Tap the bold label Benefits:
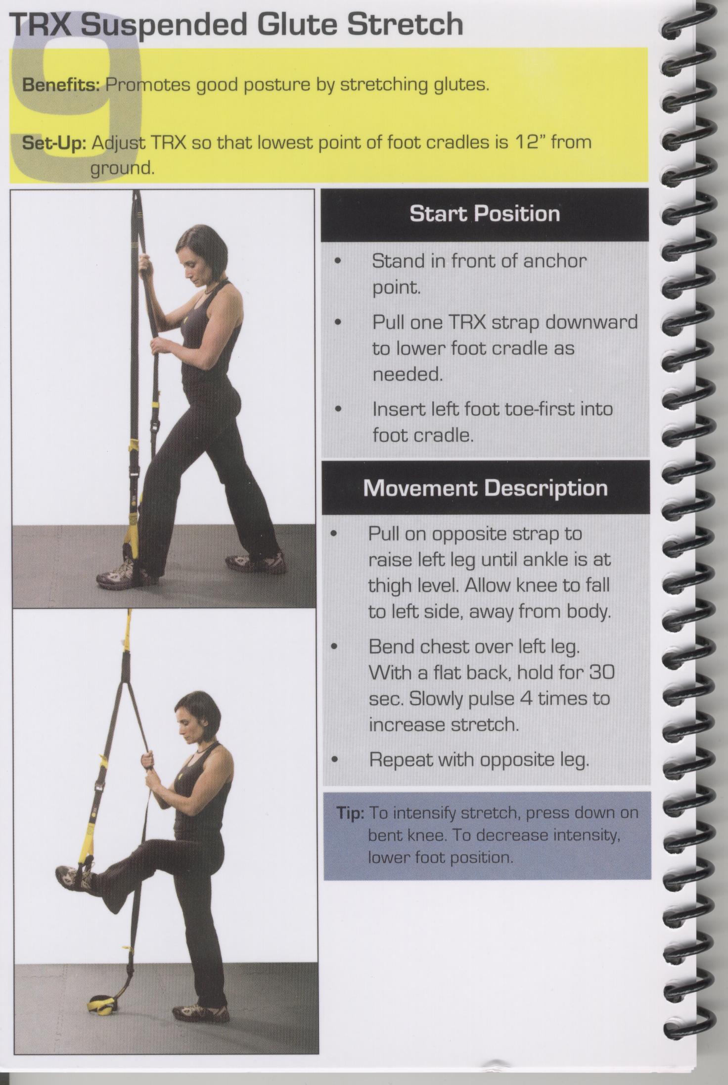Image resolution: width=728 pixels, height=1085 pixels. click(x=62, y=85)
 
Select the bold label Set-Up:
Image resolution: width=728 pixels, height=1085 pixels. click(x=55, y=143)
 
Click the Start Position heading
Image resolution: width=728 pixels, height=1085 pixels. click(x=485, y=214)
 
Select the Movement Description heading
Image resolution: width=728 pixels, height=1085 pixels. click(x=485, y=488)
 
